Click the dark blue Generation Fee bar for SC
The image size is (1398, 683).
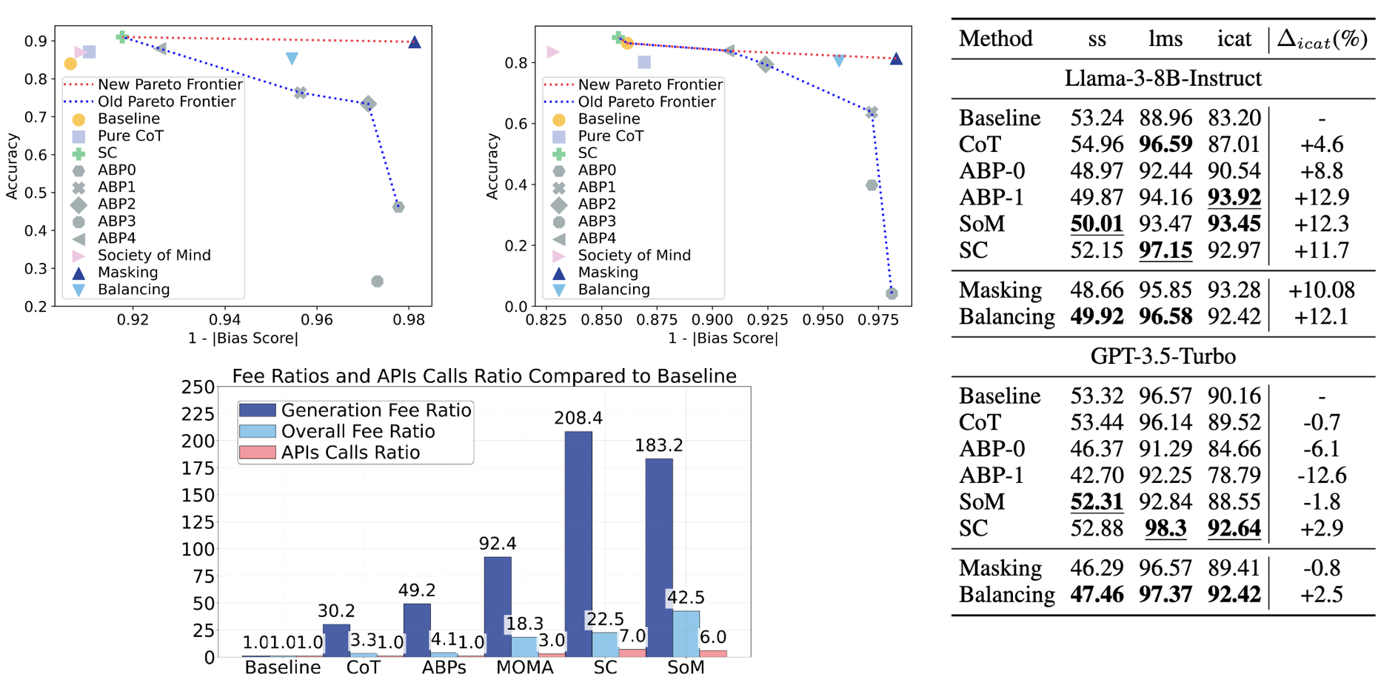[578, 544]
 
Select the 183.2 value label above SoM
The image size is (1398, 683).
[659, 445]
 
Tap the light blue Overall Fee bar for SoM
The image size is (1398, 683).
[686, 633]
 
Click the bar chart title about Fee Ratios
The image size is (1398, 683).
[484, 376]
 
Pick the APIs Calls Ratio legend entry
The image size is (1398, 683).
[350, 453]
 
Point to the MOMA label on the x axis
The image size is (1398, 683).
[524, 667]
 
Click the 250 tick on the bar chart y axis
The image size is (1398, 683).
[198, 387]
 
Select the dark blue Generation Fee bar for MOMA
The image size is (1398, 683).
[498, 607]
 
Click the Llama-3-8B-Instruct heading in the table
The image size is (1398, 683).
[1163, 79]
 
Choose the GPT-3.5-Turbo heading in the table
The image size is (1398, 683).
[1163, 356]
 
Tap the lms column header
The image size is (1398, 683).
[1165, 39]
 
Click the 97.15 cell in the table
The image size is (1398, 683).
[1165, 250]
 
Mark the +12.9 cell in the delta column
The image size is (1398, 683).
[1322, 198]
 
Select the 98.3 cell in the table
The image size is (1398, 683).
[1165, 528]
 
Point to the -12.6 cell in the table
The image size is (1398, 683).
[1322, 476]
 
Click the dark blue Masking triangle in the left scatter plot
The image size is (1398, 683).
[415, 42]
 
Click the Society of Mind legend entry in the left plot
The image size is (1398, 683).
[154, 256]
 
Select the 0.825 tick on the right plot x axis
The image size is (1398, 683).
[546, 319]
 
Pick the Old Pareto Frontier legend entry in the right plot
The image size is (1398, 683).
[646, 102]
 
